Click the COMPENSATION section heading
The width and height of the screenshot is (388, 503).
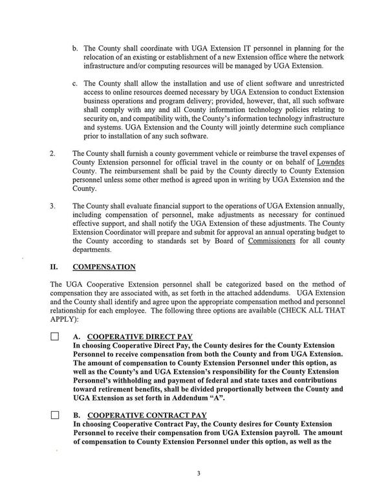click(x=104, y=266)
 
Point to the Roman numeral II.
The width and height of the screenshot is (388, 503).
click(x=54, y=266)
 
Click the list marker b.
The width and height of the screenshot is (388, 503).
click(x=75, y=48)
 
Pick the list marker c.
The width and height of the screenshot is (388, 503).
click(x=75, y=84)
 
